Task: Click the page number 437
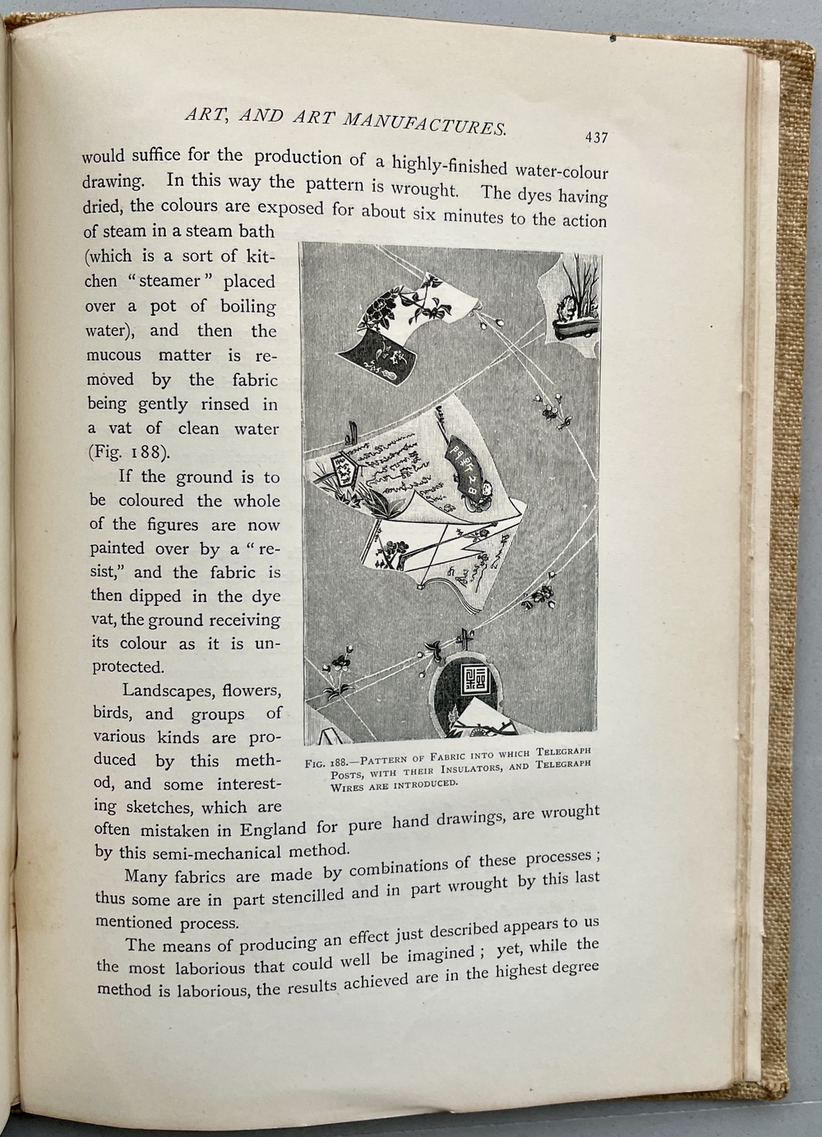(x=596, y=137)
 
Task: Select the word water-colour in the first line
(x=561, y=171)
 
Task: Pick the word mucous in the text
(x=113, y=356)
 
